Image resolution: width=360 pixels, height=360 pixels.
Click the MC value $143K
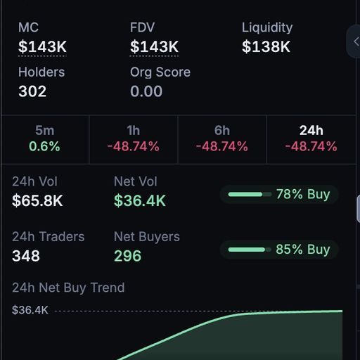[42, 46]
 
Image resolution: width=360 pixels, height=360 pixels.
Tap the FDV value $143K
[154, 46]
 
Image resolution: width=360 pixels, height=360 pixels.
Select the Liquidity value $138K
[266, 46]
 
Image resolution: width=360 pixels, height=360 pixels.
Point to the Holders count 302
[32, 91]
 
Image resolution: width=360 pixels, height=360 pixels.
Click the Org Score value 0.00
[146, 91]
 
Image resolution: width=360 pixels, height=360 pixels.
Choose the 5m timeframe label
[45, 130]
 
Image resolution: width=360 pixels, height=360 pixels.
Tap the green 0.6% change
[44, 146]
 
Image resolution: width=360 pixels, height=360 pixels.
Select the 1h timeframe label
[134, 130]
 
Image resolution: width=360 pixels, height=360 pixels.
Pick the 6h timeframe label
[222, 130]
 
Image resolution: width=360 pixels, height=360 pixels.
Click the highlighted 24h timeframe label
[311, 130]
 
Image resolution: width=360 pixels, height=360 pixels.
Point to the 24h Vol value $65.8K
[37, 201]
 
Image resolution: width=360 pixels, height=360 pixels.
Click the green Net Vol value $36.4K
[140, 201]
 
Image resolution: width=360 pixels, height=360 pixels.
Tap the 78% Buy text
[303, 194]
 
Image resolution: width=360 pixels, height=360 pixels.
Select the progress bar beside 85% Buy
[250, 250]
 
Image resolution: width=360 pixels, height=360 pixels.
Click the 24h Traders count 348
[26, 256]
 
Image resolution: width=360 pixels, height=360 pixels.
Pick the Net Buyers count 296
[128, 256]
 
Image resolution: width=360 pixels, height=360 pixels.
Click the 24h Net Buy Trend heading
[68, 288]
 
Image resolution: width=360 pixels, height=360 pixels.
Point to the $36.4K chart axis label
[30, 310]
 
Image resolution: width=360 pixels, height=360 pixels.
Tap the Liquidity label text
[267, 28]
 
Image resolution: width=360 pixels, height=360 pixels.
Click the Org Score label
[160, 72]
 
